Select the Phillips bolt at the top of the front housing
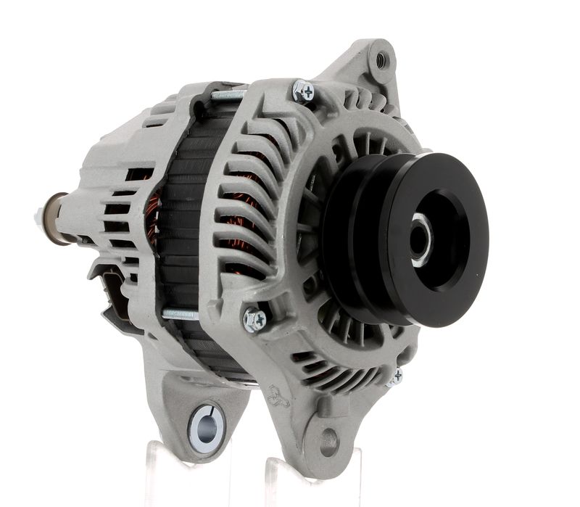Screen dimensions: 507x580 pos(303,91)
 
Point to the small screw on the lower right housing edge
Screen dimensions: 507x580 pos(394,376)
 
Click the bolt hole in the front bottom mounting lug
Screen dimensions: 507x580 pos(328,439)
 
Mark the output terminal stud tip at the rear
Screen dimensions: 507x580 pos(38,215)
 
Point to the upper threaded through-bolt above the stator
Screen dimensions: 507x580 pos(228,94)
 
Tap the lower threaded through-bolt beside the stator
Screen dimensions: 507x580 pos(180,313)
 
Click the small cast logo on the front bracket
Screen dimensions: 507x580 pos(276,395)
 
